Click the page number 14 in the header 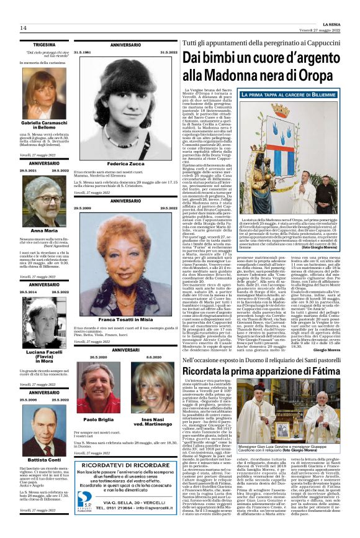[23, 28]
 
